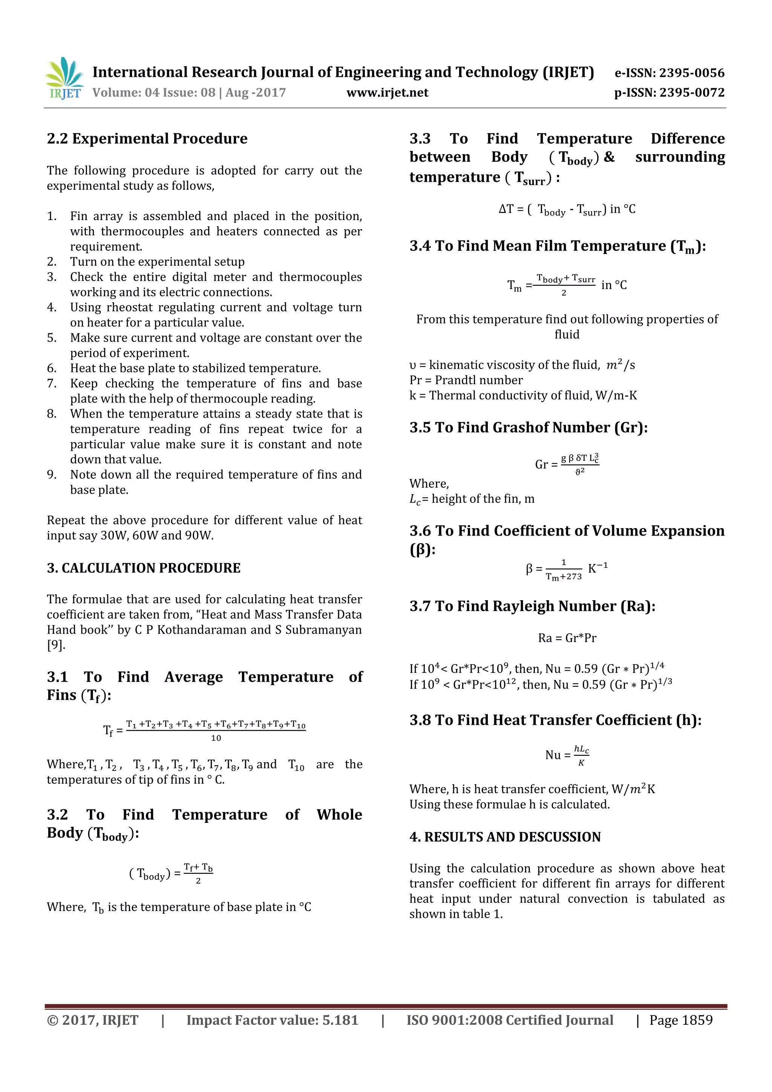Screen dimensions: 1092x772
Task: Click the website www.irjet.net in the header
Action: (x=387, y=93)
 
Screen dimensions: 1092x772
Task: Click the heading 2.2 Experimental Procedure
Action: (x=147, y=139)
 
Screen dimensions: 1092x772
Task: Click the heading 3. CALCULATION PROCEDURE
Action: (x=144, y=568)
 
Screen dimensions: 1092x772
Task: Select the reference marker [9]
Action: (x=56, y=645)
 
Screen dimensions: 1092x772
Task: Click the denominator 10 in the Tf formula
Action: (x=216, y=738)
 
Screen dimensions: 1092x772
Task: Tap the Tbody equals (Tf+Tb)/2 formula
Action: (x=171, y=873)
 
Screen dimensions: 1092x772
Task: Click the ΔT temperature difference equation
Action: (x=567, y=210)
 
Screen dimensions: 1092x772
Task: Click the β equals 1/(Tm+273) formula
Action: (x=567, y=569)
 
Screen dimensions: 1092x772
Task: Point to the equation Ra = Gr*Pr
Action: (x=567, y=638)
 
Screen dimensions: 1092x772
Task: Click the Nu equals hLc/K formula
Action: (x=567, y=755)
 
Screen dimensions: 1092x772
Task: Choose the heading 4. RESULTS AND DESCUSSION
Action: (x=505, y=837)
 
